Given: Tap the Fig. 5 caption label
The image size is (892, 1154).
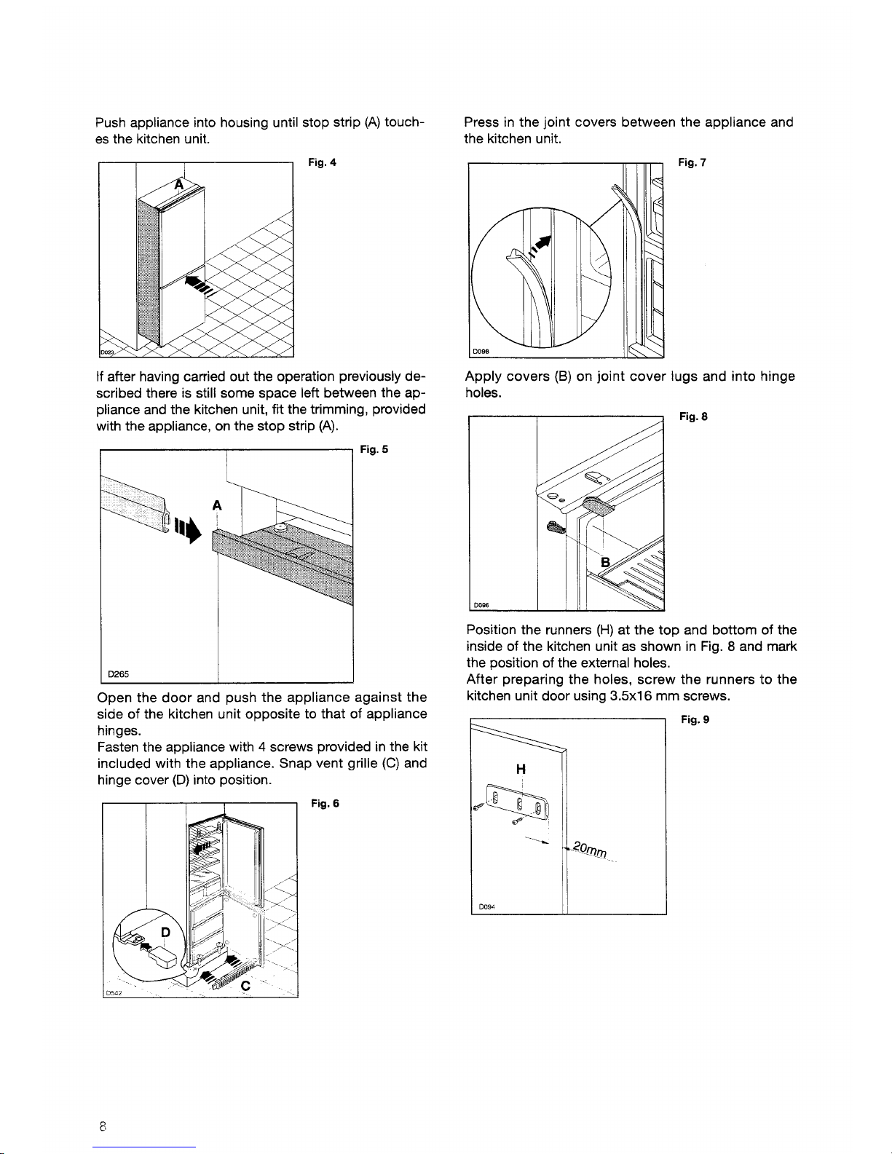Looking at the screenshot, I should [374, 450].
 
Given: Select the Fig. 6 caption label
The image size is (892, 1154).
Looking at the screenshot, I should [325, 804].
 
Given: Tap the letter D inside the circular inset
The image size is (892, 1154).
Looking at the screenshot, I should [165, 933].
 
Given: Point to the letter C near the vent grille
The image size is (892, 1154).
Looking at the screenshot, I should [246, 985].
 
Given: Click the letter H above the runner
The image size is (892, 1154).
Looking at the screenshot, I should [521, 770].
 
